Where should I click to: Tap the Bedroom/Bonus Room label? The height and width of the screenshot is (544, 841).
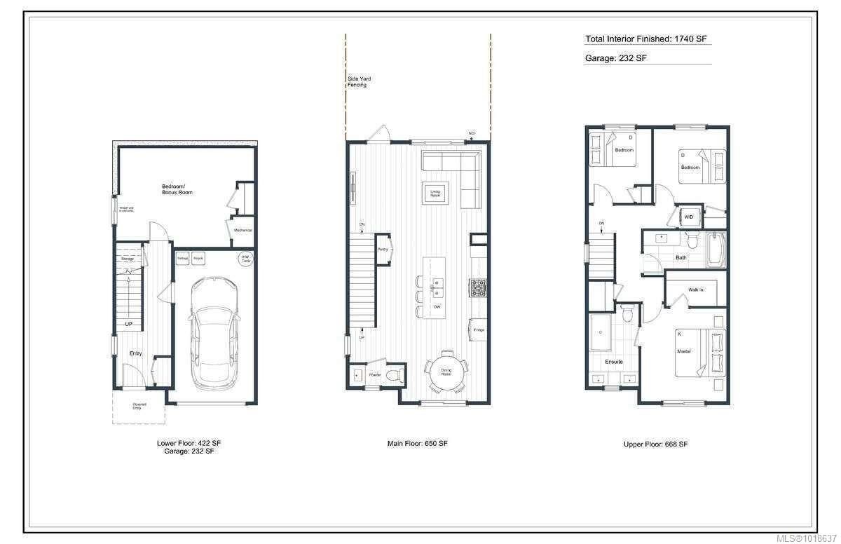[177, 189]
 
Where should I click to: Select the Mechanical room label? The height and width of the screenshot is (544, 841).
[242, 230]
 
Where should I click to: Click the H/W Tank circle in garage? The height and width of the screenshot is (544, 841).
[245, 258]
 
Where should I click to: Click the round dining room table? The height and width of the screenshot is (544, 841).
[446, 371]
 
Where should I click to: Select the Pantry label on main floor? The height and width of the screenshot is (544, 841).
[383, 250]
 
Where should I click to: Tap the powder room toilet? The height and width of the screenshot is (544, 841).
[397, 375]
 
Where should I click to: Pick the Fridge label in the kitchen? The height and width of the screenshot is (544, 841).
[479, 329]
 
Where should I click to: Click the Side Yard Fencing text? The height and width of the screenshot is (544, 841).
[359, 82]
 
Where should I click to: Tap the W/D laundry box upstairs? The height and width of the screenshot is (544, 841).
[688, 217]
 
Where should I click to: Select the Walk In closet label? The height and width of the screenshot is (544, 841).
[696, 290]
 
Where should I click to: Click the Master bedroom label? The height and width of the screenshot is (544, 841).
[684, 351]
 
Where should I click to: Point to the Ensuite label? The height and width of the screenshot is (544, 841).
[614, 362]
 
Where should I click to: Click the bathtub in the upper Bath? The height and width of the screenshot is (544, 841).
[715, 250]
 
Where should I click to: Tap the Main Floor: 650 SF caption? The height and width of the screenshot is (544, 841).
[418, 444]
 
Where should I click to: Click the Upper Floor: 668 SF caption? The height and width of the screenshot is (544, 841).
[655, 444]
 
